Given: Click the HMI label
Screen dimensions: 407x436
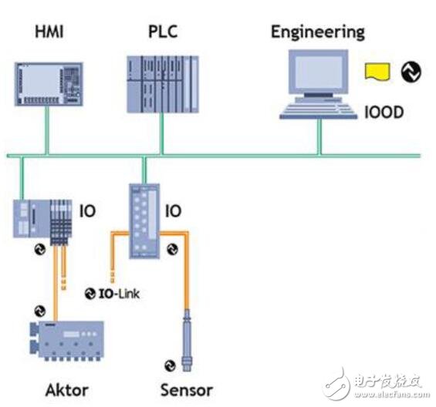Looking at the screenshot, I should pos(48,33).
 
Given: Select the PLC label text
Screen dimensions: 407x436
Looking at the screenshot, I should pos(162,33).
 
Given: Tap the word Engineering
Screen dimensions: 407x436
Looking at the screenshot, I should pos(317,32).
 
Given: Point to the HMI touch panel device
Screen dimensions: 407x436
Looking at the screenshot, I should pos(48,82).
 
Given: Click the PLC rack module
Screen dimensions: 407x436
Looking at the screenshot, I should pos(161,82).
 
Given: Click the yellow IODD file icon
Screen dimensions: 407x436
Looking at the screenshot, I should pos(377,72).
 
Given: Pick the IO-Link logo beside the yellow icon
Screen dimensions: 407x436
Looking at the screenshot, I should pos(408,72).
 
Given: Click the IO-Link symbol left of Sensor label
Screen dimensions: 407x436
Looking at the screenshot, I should pos(171,365).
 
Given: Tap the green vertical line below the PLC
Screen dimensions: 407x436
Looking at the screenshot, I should pos(163,134).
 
